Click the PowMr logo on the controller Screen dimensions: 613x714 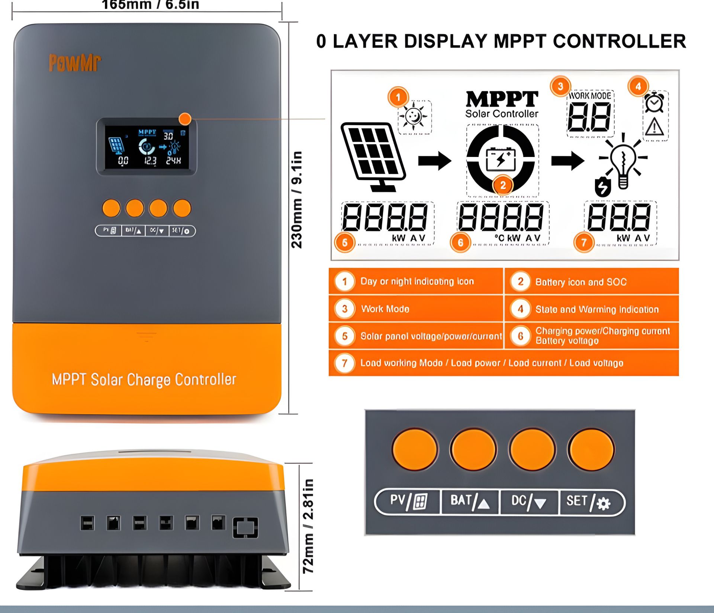(75, 63)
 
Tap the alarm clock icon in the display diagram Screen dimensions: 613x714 (654, 103)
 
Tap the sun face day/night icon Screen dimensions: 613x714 (414, 116)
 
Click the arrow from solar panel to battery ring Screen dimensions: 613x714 (434, 161)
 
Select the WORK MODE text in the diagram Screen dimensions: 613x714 (590, 96)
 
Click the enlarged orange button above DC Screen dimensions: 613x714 (532, 449)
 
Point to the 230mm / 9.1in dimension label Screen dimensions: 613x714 (297, 200)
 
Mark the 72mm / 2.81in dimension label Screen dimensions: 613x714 (308, 526)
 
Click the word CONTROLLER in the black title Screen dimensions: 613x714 (619, 41)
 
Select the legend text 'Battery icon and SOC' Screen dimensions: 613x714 (580, 282)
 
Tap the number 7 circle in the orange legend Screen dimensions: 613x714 (345, 363)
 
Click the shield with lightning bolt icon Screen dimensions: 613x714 (602, 187)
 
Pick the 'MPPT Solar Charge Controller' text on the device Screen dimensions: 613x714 (144, 380)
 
